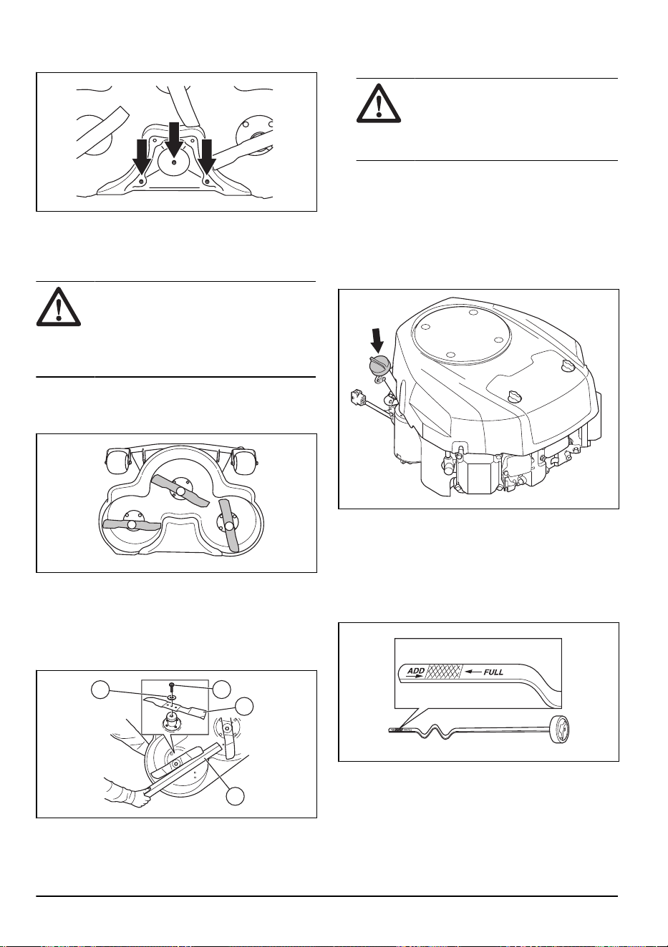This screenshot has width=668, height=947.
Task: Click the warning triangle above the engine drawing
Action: coord(379,103)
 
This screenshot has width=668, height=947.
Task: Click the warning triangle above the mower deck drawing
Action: coord(59,307)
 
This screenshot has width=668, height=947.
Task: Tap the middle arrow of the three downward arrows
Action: coord(174,138)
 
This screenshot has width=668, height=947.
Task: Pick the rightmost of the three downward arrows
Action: coord(207,156)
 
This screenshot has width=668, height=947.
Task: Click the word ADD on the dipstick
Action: coord(415,671)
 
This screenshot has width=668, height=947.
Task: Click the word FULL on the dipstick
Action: coord(493,672)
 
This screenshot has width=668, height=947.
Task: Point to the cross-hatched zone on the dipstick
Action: coord(444,671)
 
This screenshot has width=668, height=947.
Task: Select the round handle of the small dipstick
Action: coord(561,730)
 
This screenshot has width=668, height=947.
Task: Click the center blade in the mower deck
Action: coord(180,491)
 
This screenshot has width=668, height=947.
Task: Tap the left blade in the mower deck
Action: coord(132,524)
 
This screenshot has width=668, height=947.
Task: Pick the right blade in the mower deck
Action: coord(229,526)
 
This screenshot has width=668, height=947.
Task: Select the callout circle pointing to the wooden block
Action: coord(236,796)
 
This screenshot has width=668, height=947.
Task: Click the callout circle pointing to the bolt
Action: coord(221,689)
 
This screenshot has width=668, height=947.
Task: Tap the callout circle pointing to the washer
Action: coord(101,690)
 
